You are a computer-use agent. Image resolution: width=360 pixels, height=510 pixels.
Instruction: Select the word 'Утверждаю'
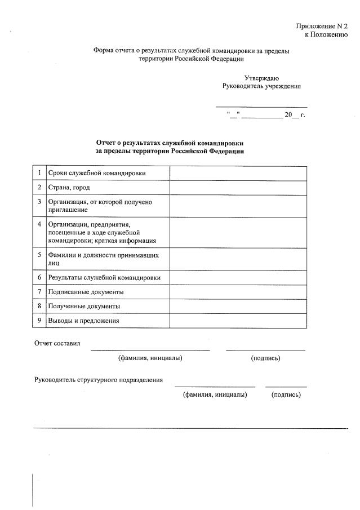point(261,78)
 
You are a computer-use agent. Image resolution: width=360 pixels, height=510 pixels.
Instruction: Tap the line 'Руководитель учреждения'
point(261,86)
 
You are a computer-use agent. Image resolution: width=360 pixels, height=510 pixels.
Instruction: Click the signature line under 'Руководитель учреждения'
point(261,107)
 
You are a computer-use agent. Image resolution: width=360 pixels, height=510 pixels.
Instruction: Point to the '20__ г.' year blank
point(294,115)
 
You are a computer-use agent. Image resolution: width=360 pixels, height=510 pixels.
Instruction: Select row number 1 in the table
point(39,172)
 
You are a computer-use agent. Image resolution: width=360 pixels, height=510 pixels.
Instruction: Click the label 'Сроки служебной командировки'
point(97,173)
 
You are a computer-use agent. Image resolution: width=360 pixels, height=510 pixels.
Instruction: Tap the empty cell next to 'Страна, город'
point(238,187)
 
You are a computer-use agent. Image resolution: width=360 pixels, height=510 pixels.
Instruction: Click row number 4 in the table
point(39,224)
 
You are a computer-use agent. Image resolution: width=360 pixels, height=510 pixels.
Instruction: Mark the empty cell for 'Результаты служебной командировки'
point(238,277)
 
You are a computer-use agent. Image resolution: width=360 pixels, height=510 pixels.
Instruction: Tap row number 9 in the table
point(39,320)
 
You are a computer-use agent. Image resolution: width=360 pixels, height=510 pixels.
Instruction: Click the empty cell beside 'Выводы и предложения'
point(238,320)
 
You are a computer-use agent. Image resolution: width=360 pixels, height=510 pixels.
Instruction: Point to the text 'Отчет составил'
point(57,343)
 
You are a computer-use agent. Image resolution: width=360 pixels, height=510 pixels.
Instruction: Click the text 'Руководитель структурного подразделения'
point(99,379)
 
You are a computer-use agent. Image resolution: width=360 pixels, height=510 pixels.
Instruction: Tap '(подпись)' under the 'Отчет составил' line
point(265,358)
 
